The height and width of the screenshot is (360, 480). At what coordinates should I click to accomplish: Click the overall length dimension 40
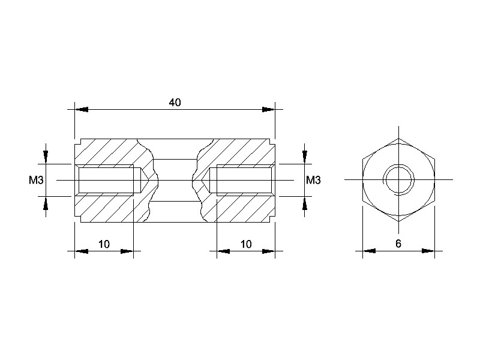(175, 102)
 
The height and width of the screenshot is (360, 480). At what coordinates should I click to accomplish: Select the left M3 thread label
(36, 181)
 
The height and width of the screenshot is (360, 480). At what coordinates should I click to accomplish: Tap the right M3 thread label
(313, 181)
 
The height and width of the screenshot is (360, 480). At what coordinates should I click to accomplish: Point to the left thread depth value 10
(104, 244)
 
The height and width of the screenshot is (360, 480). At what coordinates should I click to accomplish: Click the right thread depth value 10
(246, 244)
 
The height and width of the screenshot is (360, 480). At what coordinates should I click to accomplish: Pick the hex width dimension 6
(398, 244)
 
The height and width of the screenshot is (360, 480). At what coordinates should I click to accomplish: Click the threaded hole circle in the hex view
(398, 179)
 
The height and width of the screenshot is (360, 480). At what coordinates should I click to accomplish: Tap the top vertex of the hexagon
(398, 139)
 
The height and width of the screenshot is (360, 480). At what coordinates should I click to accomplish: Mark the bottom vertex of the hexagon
(398, 221)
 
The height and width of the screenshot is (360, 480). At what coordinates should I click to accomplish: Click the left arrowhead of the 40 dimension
(82, 109)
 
